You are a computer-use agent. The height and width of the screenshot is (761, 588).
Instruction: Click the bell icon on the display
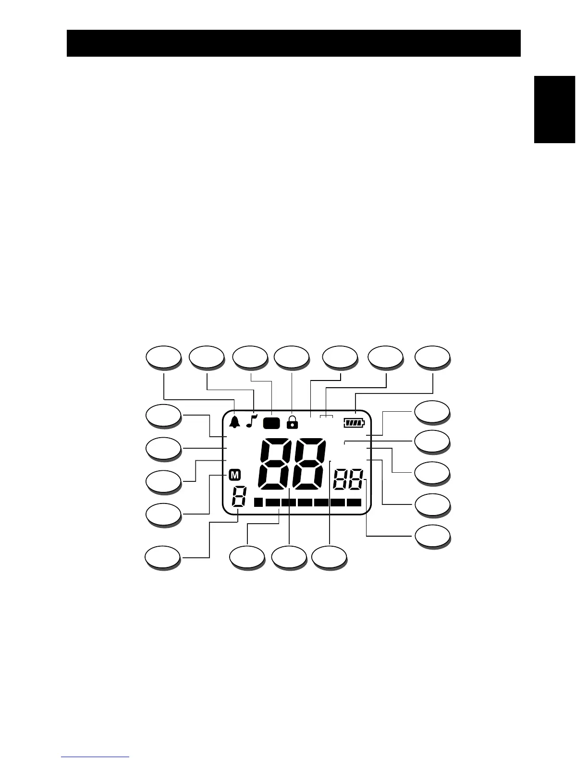[x=235, y=422]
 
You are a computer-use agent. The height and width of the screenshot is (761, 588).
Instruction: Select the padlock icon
[x=292, y=422]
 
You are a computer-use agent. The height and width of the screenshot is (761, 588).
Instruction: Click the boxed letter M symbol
[x=234, y=475]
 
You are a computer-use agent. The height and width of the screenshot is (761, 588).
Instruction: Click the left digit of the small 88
[x=341, y=480]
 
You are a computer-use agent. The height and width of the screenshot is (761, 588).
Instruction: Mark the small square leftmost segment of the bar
[x=258, y=503]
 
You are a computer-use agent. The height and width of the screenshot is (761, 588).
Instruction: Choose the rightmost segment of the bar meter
[x=354, y=503]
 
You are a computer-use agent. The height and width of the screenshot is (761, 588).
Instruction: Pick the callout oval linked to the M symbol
[x=163, y=515]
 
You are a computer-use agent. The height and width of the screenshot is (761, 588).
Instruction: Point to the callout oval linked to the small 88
[x=432, y=536]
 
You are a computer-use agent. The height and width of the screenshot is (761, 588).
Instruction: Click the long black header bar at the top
[x=294, y=43]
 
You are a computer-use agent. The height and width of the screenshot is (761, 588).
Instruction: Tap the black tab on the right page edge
[x=554, y=109]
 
